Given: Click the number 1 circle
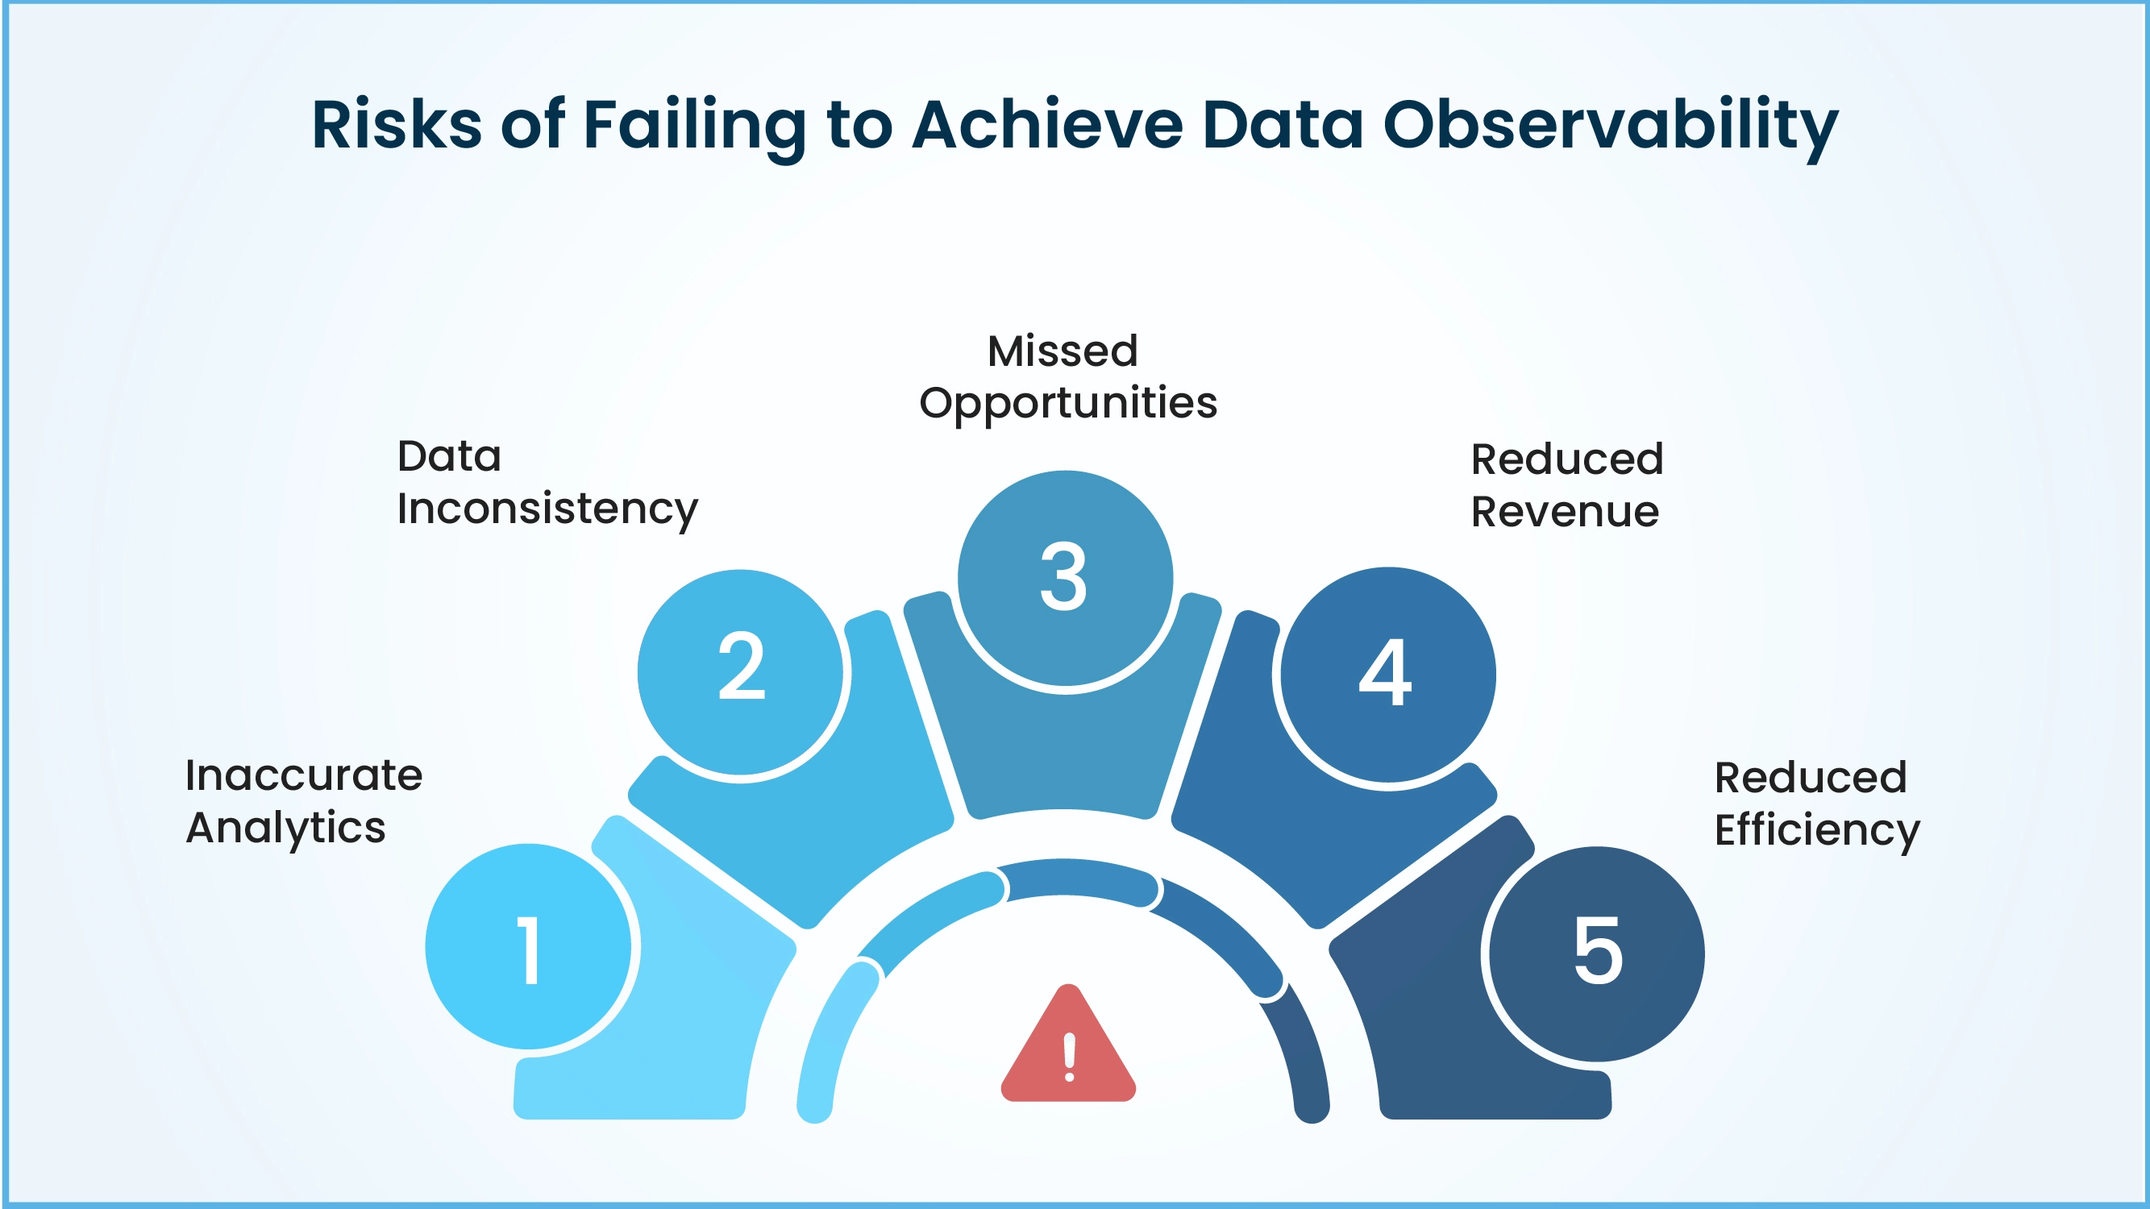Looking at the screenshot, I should point(528,947).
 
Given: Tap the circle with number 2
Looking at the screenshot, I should point(740,672).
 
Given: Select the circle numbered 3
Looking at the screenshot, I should point(1064,577).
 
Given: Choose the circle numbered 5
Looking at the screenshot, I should point(1597,953).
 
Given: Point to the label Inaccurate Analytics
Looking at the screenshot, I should point(303,801).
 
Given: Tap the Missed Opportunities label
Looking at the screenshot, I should point(1067,376).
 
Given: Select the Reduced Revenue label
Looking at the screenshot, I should point(1566,484).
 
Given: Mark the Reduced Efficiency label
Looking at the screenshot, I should point(1817,804).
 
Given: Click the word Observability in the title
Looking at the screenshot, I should point(1610,125).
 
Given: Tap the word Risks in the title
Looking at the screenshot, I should point(397,125).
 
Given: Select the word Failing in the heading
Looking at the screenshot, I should point(694,125).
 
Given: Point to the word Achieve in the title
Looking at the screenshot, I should point(1047,125).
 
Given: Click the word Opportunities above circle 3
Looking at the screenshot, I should point(1067,404).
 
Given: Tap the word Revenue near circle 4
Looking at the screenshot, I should point(1565,512).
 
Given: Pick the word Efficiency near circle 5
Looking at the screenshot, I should point(1817,831).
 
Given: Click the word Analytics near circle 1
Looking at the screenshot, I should point(285,828).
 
